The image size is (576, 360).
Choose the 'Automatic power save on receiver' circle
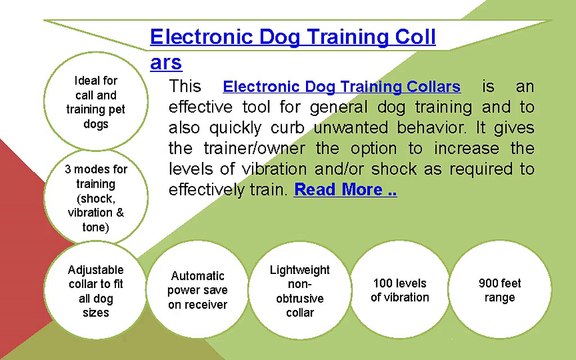pyautogui.click(x=196, y=290)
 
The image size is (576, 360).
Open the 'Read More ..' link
pyautogui.click(x=345, y=189)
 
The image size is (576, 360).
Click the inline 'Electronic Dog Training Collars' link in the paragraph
pyautogui.click(x=341, y=87)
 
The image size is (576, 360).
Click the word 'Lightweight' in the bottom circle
pyautogui.click(x=299, y=271)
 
